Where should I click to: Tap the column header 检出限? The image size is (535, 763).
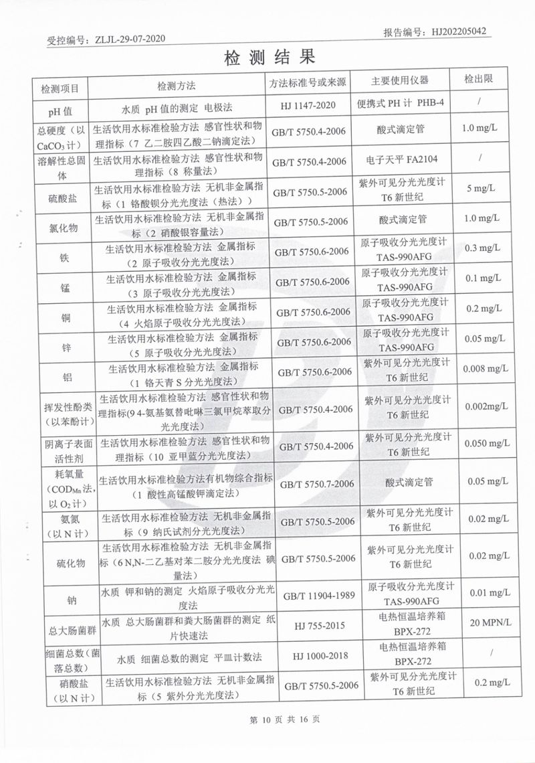pos(479,79)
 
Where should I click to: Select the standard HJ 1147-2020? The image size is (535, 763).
pos(310,105)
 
